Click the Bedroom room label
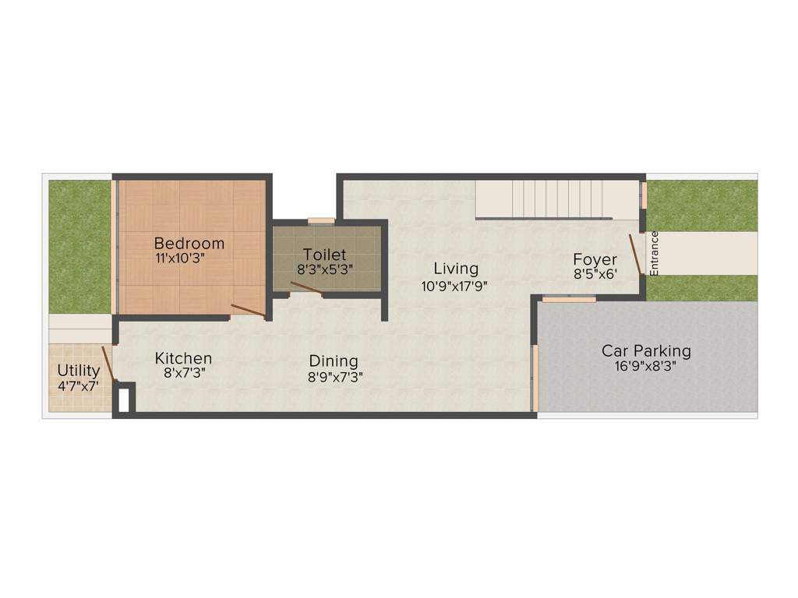189,243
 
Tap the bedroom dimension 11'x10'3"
189,259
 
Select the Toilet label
325,255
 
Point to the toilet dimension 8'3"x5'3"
325,270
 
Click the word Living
456,269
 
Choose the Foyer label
595,259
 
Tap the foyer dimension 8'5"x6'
595,274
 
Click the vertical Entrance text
655,253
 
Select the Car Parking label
646,350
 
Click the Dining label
334,361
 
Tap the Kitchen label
183,358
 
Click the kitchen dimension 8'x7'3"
183,373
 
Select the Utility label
79,370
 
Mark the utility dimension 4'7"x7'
78,385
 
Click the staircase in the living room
556,200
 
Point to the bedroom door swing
249,311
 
